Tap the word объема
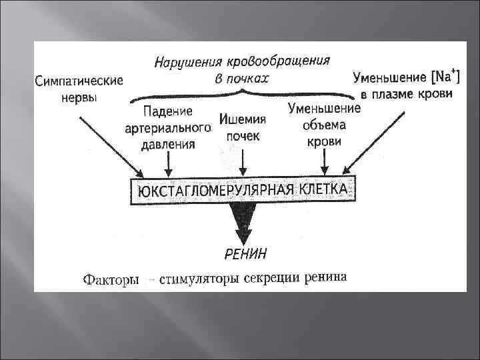[324, 124]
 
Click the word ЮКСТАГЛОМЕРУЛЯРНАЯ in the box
[211, 191]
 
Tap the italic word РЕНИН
[244, 253]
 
